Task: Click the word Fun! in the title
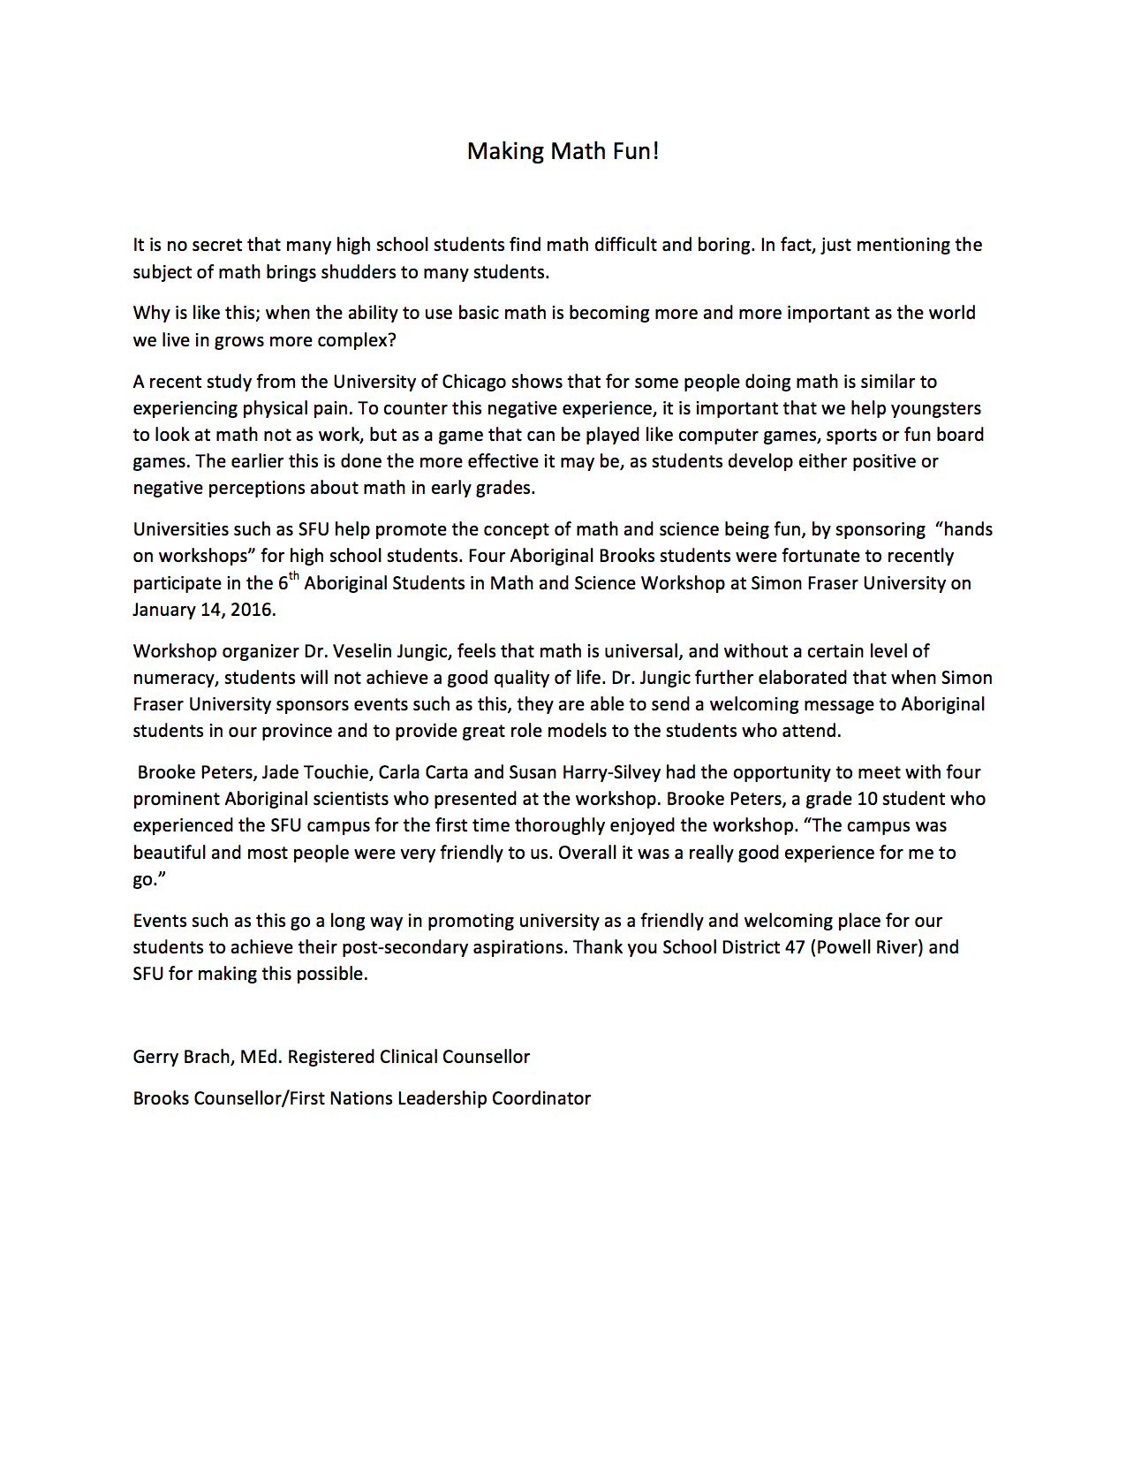[635, 151]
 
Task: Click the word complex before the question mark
[353, 340]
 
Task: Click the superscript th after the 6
[295, 577]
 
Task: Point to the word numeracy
[176, 678]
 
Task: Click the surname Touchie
[336, 772]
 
